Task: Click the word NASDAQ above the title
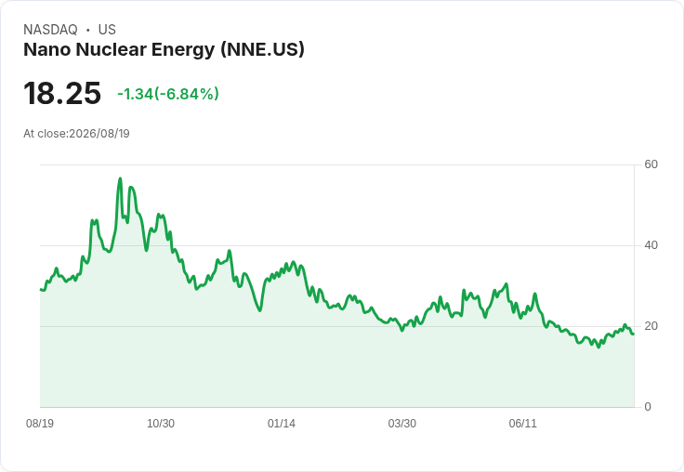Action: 50,30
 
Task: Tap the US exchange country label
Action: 107,30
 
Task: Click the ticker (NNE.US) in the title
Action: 263,49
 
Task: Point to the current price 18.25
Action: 62,93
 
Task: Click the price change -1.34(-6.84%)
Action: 168,94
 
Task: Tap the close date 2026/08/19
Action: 99,134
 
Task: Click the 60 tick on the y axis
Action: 651,164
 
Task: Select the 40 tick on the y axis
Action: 651,245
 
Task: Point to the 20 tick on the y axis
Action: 651,326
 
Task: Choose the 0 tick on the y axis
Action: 648,407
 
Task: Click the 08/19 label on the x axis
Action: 40,424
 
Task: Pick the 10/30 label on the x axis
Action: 161,424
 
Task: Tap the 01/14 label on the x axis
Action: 282,424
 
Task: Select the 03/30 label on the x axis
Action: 401,424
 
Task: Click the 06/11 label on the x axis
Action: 522,424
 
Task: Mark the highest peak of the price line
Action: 121,178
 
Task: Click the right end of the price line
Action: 634,334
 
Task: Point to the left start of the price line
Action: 41,289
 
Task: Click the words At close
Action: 45,134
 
